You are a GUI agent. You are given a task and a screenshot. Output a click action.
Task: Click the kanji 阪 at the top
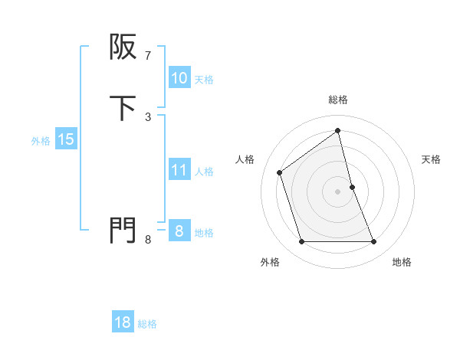coord(123,47)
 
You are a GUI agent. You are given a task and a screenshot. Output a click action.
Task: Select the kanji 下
coord(123,108)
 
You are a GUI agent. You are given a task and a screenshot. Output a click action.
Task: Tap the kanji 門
coord(123,230)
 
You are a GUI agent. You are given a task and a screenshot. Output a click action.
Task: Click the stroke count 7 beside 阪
coord(148,56)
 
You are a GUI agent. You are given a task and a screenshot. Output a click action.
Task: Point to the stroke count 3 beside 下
coord(148,116)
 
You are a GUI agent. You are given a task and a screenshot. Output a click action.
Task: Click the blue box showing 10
coord(179,78)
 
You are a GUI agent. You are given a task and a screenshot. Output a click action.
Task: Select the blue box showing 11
coord(179,170)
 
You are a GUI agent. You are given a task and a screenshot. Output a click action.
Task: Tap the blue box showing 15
coord(65,139)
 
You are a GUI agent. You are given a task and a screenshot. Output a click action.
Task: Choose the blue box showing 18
coord(123,322)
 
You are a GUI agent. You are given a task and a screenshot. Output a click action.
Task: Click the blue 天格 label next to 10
coord(204,80)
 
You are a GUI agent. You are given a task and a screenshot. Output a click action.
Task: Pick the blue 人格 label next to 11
coord(204,172)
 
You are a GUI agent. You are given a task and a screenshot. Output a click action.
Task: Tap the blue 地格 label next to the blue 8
coord(204,233)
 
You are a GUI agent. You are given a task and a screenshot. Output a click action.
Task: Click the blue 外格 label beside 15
coord(41,141)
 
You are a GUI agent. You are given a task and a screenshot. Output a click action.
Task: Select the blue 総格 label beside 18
coord(147,324)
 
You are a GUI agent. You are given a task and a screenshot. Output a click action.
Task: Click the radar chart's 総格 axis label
coord(338,100)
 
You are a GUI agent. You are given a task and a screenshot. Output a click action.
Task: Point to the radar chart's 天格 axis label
coord(432,159)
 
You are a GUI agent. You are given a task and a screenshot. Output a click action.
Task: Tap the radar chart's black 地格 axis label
coord(402,262)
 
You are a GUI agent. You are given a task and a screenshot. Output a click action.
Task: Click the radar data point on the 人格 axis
coord(280,172)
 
